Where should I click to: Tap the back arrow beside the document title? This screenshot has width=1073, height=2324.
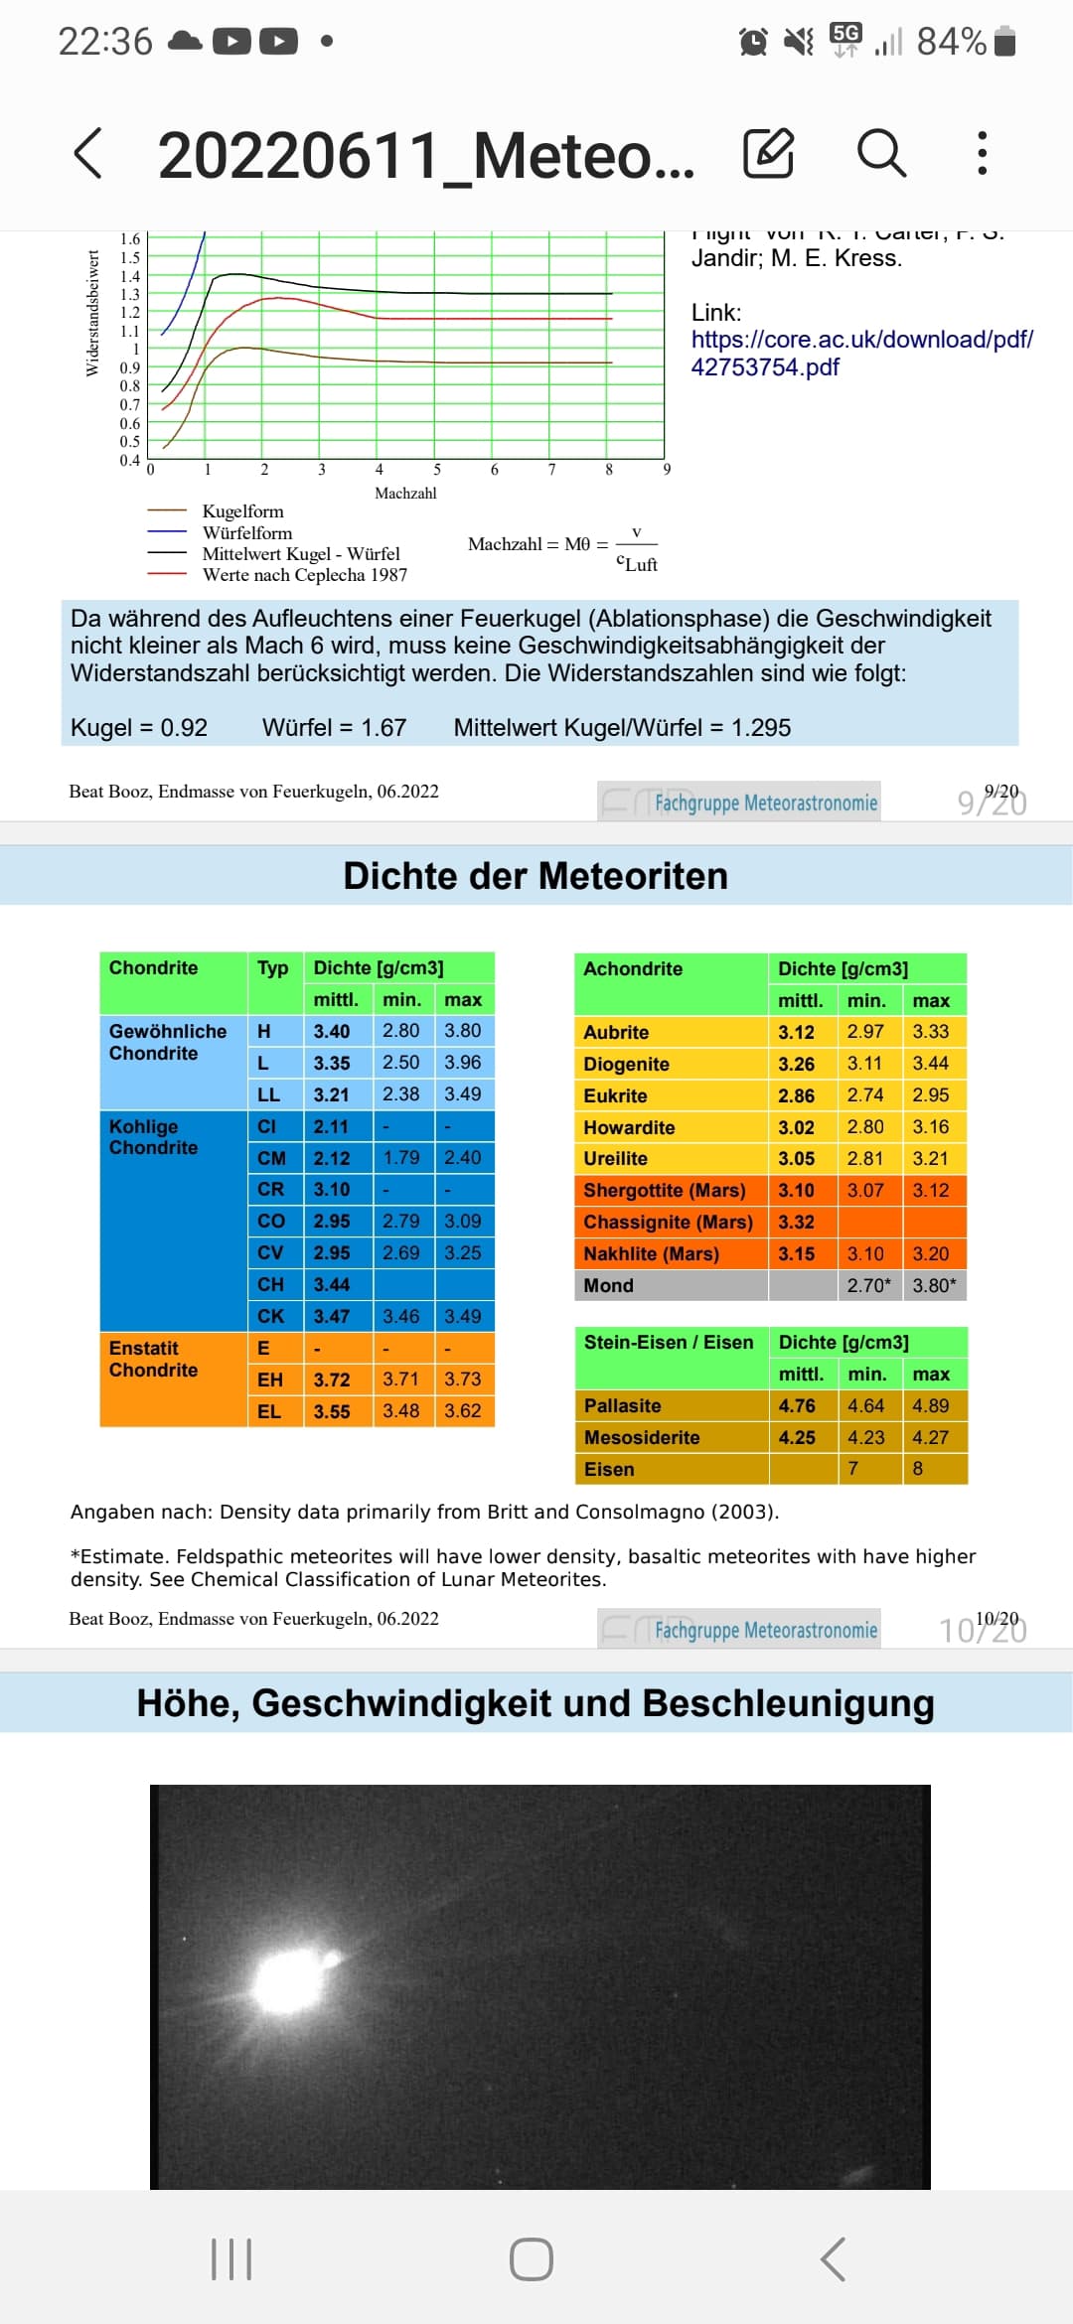click(88, 153)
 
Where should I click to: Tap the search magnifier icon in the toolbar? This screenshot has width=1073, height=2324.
click(881, 153)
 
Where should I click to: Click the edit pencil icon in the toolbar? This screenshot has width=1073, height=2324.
click(768, 153)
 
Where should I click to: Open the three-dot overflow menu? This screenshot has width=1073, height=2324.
click(982, 153)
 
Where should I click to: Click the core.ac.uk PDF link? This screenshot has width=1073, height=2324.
click(861, 353)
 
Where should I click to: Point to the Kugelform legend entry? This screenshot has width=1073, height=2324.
click(242, 511)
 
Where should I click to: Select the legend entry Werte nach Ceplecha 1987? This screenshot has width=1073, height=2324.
click(304, 575)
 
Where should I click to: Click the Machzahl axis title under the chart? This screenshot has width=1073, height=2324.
click(405, 493)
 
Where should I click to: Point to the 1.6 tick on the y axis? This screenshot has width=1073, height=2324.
click(130, 239)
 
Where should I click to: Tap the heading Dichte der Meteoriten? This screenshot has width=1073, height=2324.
click(536, 876)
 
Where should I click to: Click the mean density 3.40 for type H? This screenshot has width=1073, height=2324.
click(332, 1031)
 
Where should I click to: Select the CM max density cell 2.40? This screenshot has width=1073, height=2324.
click(462, 1158)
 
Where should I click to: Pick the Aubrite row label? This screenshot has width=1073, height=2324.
click(616, 1032)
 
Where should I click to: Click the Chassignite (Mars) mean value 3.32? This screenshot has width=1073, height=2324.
click(796, 1223)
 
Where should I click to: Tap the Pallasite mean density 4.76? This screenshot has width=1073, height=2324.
click(797, 1405)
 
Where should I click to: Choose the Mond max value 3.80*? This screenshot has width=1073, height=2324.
click(934, 1285)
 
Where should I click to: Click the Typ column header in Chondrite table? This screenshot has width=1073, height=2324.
click(272, 968)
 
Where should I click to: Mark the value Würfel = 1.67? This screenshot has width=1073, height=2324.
click(334, 728)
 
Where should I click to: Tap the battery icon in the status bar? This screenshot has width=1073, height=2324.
click(1004, 42)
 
